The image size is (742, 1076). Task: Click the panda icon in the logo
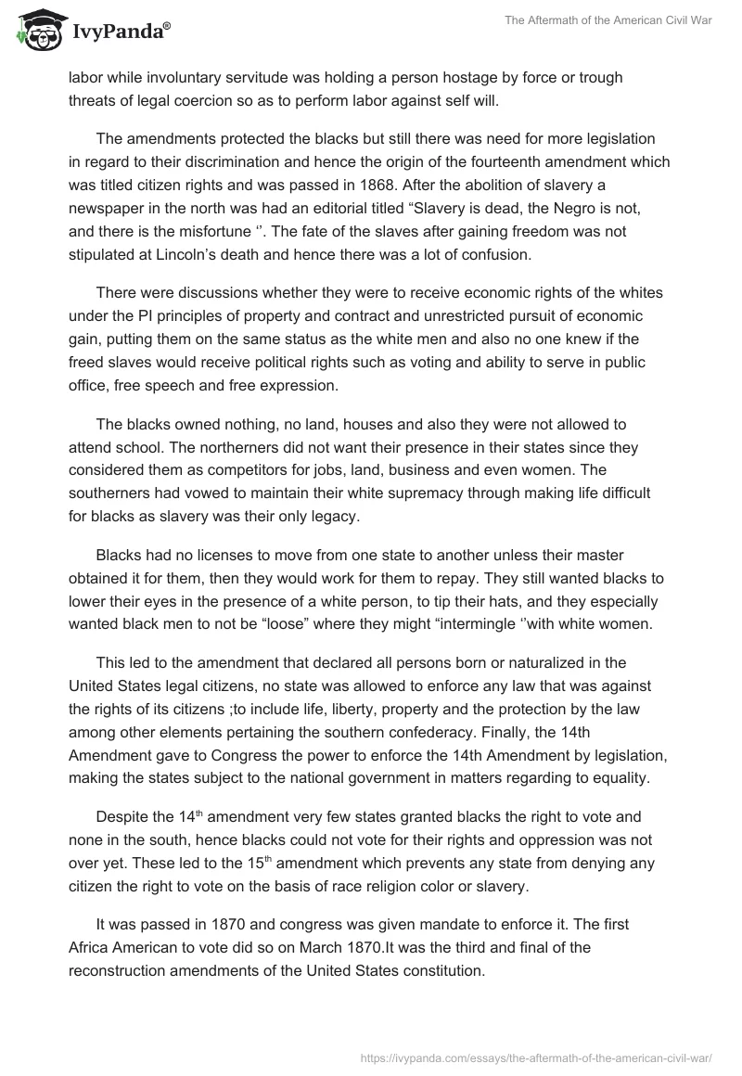36,30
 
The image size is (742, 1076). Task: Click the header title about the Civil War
608,20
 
